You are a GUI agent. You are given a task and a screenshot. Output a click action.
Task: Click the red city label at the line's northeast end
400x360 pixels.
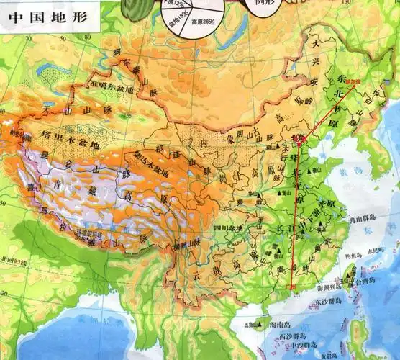point(353,83)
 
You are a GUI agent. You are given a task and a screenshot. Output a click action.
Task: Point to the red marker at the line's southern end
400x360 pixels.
point(292,287)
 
